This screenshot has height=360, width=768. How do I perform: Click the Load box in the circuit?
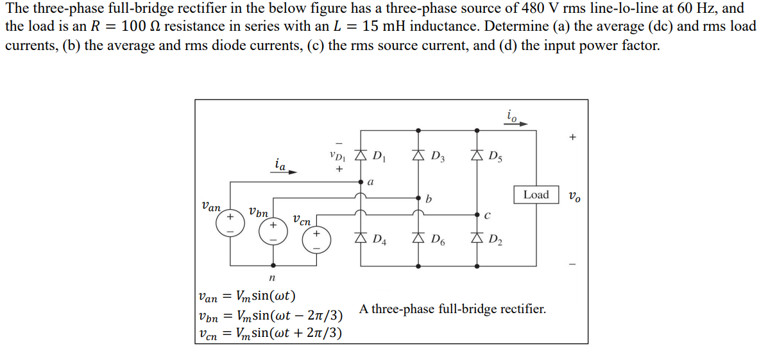[536, 194]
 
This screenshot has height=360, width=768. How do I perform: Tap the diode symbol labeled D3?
[419, 155]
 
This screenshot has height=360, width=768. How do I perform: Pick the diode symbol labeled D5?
[477, 155]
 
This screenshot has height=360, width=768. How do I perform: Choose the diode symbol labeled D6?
[419, 240]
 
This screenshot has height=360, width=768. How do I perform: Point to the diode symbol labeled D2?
[477, 240]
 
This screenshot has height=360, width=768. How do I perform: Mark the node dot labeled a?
[361, 182]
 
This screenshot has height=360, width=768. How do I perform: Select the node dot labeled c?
[477, 214]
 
